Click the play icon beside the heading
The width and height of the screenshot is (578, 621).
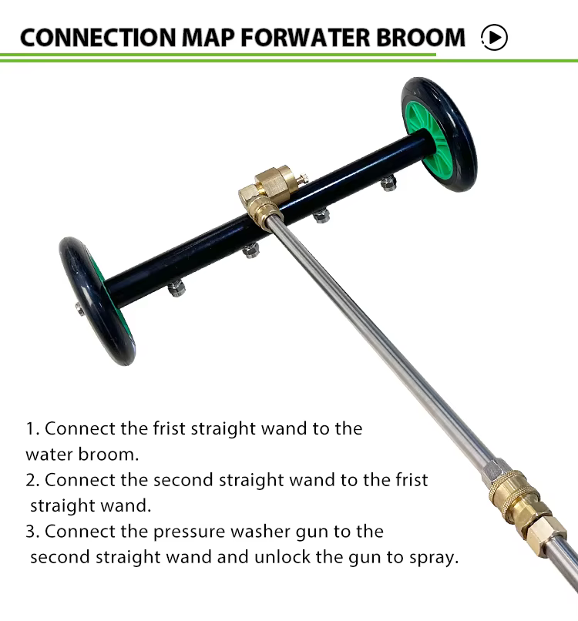tap(494, 37)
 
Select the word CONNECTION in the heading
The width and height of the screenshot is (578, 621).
tap(98, 38)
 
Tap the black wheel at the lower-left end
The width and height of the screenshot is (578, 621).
tap(96, 301)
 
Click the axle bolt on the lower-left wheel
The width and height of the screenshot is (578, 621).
tap(80, 309)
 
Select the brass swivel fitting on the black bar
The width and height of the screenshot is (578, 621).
tap(264, 195)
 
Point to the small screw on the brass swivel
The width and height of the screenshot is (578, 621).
tap(304, 179)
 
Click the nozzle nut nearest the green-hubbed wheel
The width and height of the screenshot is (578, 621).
tap(388, 183)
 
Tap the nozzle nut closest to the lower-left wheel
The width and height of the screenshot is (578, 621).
tap(176, 287)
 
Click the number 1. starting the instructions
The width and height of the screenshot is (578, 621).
tap(32, 429)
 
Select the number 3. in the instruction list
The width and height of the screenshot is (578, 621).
tap(32, 532)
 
